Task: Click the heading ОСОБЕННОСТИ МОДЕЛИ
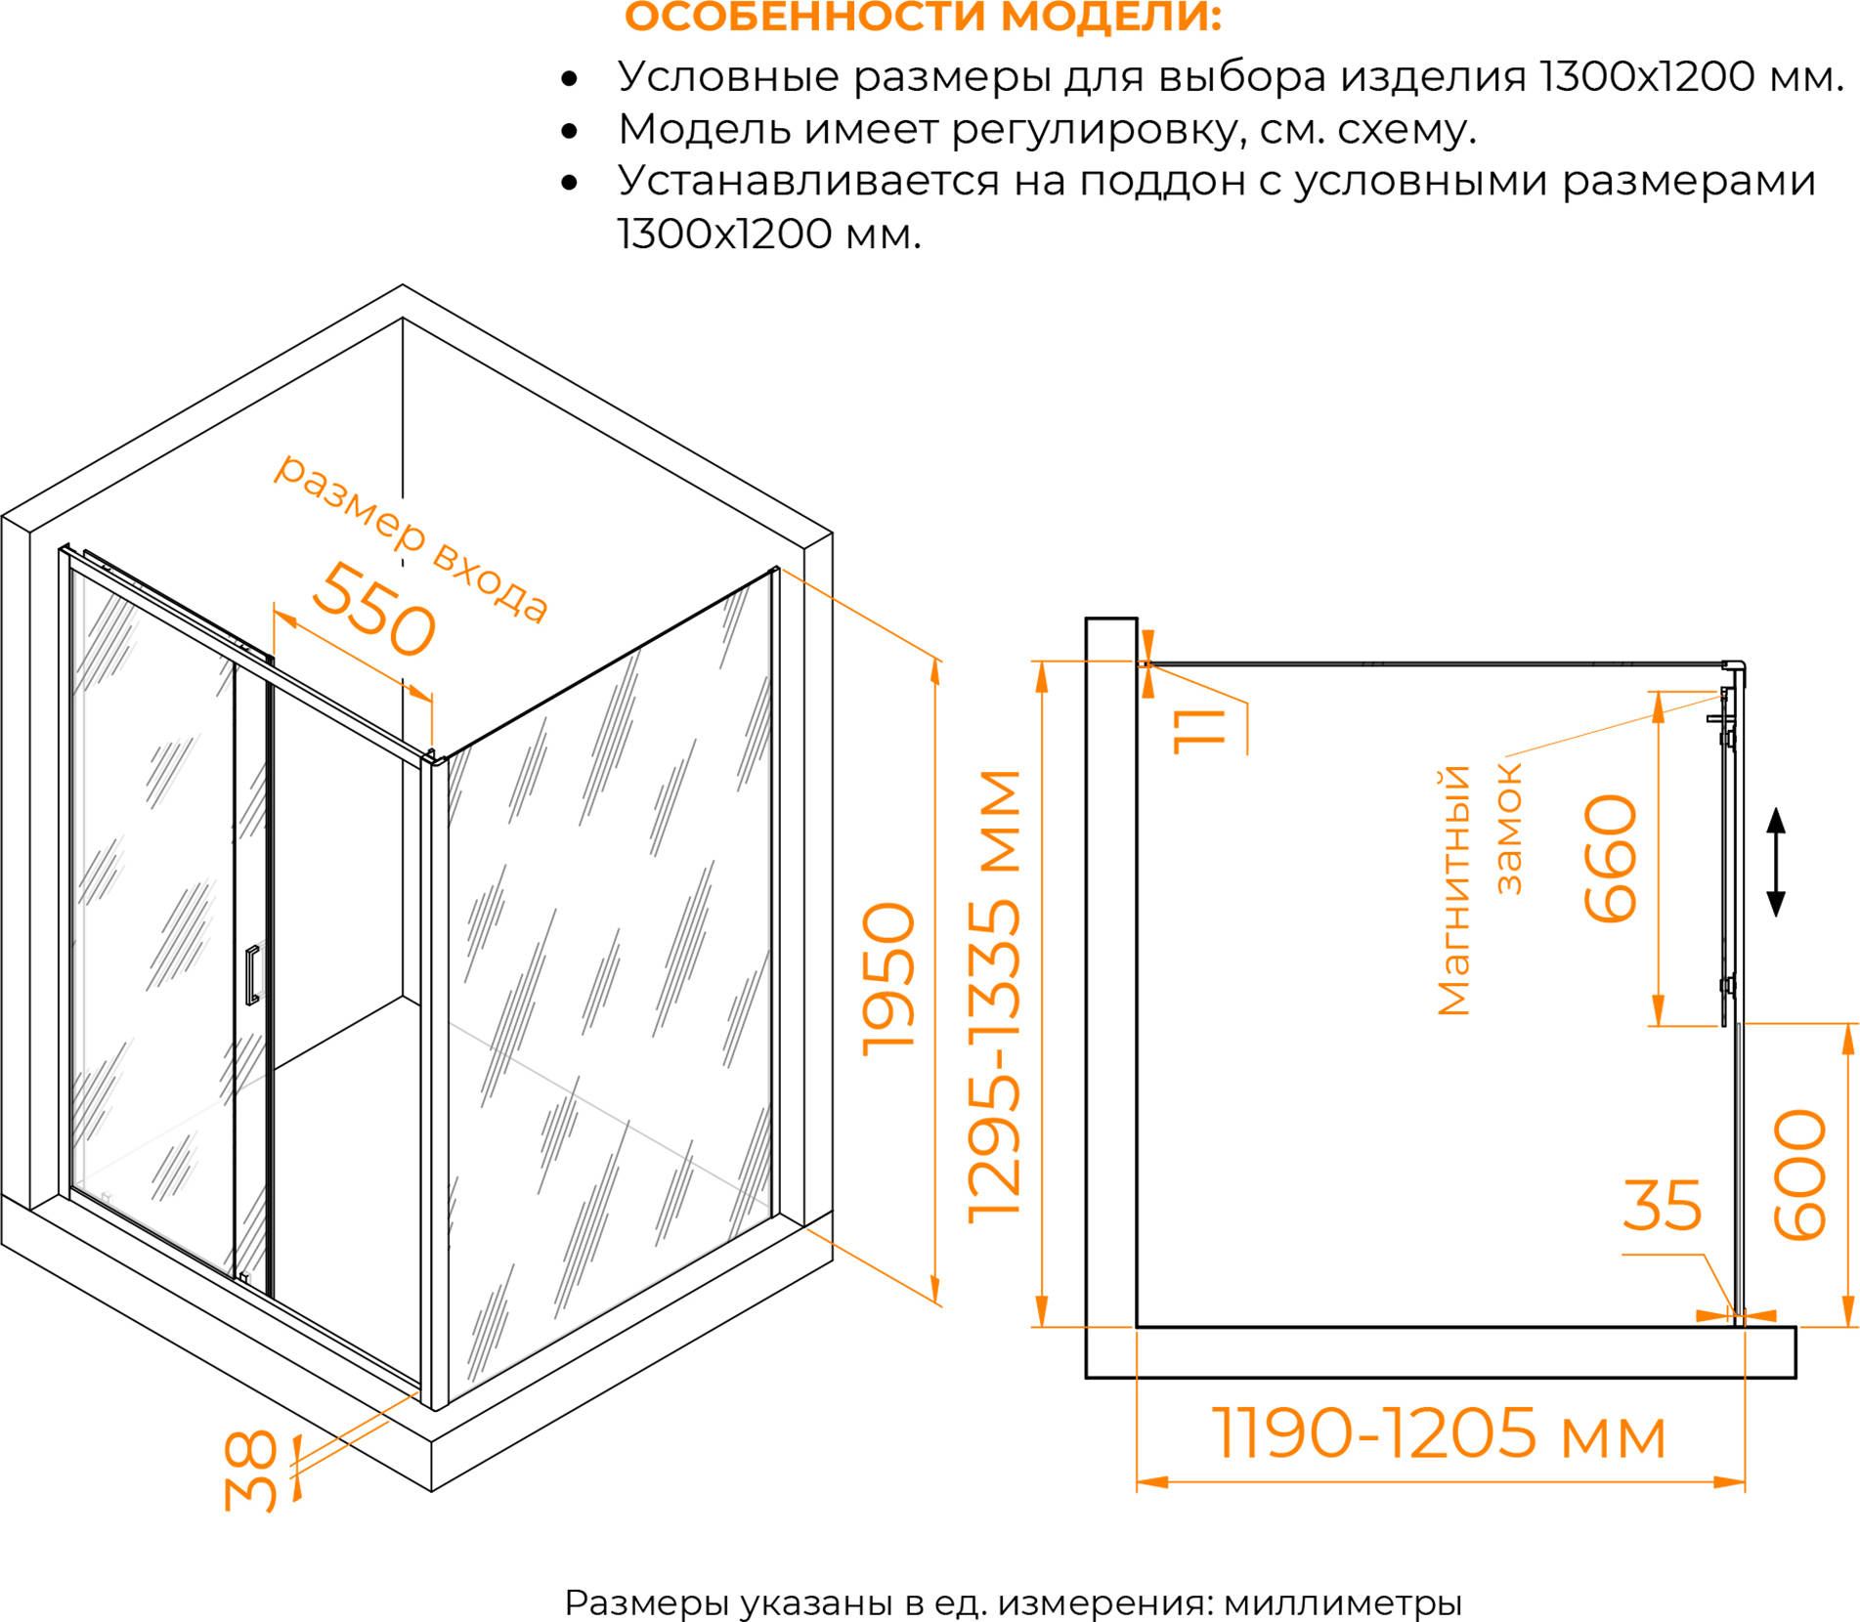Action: coord(923,17)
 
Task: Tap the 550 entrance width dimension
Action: coord(373,608)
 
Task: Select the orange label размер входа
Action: coord(411,536)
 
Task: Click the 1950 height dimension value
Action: coord(888,978)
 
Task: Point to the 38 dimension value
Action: coord(250,1471)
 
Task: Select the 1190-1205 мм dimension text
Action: coord(1439,1433)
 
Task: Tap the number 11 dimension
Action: coord(1198,731)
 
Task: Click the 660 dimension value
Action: coord(1610,858)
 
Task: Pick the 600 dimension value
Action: coord(1799,1174)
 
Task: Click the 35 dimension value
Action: coord(1663,1205)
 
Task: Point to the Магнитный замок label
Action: coord(1479,891)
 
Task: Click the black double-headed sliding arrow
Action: coord(1776,862)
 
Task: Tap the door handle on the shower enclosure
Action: coord(252,974)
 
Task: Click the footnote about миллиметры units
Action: coord(1013,1602)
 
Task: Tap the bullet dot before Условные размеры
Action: coord(570,78)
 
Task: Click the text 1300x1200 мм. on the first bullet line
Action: coord(1691,76)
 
